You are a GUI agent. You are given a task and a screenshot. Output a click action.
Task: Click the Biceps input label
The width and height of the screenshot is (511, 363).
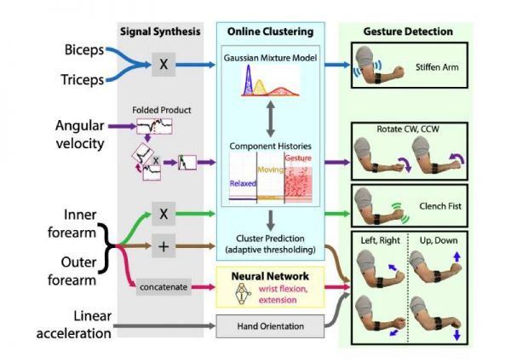pyautogui.click(x=81, y=50)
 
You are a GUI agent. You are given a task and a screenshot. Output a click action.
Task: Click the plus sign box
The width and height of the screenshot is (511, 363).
pyautogui.click(x=162, y=245)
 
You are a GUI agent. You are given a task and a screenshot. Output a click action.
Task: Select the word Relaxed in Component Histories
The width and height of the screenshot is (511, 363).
pyautogui.click(x=243, y=183)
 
